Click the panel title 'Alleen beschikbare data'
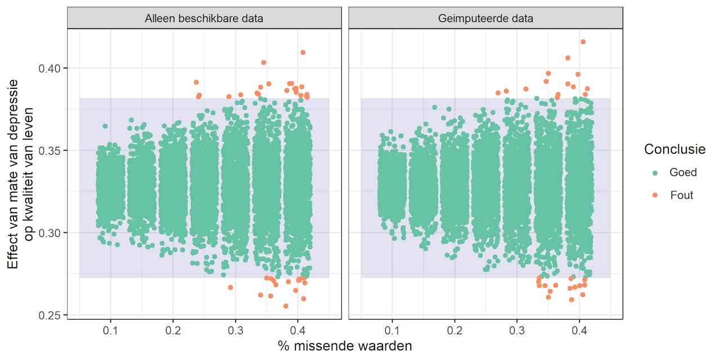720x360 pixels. coord(204,19)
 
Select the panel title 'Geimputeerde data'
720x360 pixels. coord(485,19)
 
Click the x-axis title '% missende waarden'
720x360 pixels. coord(345,346)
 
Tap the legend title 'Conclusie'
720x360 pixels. coord(674,149)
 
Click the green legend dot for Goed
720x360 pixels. coord(655,173)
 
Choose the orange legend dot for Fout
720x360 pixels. coord(655,195)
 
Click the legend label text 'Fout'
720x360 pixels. coord(682,195)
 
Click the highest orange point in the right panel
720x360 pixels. coord(583,42)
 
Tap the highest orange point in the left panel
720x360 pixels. coord(303,52)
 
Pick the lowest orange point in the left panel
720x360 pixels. coord(286,306)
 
